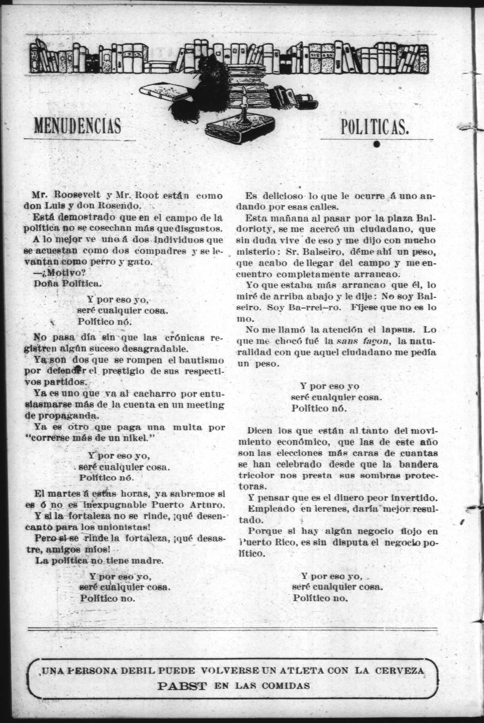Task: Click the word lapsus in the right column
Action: click(x=402, y=330)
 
